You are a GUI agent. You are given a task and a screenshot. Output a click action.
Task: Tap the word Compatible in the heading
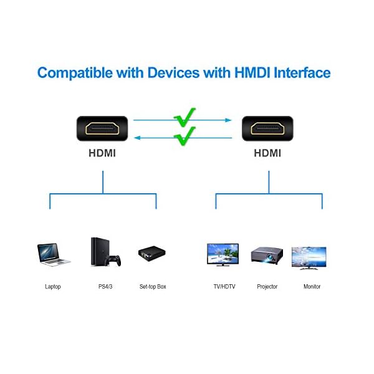pos(75,73)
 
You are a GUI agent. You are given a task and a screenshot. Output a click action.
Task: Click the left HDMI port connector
pos(102,128)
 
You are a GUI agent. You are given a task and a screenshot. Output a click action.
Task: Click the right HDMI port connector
pos(267,128)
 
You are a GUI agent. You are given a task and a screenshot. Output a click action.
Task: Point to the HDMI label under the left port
pos(102,153)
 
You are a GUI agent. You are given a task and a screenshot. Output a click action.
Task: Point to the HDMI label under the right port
pos(267,153)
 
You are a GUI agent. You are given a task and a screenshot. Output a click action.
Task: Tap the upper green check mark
pos(185,118)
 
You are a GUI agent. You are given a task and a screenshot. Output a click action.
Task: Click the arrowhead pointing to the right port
pos(229,120)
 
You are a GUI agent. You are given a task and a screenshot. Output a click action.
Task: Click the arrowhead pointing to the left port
pos(137,138)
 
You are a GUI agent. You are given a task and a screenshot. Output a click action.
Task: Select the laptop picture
pos(54,254)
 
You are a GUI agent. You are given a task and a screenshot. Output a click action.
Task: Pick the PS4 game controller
pos(113,261)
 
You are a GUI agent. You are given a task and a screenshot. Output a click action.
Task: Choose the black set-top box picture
pos(152,253)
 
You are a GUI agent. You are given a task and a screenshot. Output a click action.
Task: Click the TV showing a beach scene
pos(223,254)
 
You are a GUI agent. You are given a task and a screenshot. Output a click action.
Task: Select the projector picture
pos(267,256)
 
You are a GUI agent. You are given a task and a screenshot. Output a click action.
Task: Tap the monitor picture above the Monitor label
pos(309,258)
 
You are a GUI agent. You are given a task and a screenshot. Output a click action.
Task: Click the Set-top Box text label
pos(153,287)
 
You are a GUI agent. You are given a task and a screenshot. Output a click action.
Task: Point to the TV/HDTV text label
pos(224,287)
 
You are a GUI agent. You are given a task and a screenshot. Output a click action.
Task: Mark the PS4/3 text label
pos(105,286)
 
